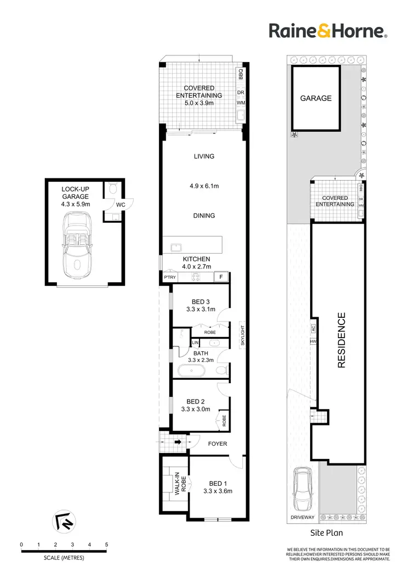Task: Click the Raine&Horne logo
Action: [x=328, y=31]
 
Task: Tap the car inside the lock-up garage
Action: [x=77, y=246]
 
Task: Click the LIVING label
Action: [x=204, y=156]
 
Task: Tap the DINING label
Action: [x=204, y=216]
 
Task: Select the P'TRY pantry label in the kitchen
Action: [x=169, y=278]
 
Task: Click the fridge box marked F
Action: [x=221, y=278]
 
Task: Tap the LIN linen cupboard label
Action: [x=195, y=343]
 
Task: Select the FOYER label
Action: [x=217, y=444]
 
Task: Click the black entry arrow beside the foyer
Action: [x=178, y=440]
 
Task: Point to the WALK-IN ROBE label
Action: [x=177, y=484]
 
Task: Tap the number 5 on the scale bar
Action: [x=106, y=545]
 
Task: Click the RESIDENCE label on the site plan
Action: [x=341, y=340]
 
